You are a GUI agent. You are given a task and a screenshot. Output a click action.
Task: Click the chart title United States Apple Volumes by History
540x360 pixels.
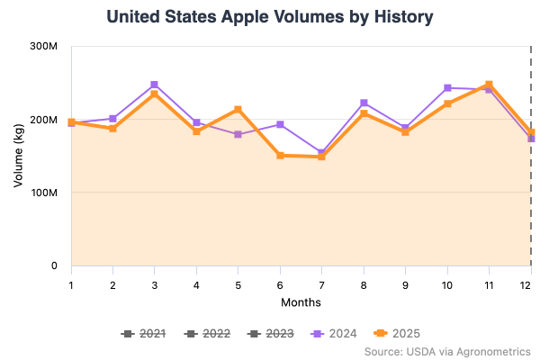pyautogui.click(x=270, y=17)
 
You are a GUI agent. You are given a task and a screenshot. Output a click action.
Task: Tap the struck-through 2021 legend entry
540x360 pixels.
pyautogui.click(x=143, y=334)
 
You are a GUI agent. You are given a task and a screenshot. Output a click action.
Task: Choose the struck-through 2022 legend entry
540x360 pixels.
pyautogui.click(x=206, y=334)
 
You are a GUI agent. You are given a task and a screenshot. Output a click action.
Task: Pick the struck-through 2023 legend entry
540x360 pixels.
pyautogui.click(x=270, y=334)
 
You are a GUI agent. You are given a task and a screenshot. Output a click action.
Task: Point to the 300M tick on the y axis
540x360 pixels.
pyautogui.click(x=44, y=46)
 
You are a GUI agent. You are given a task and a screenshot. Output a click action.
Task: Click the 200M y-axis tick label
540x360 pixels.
pyautogui.click(x=44, y=120)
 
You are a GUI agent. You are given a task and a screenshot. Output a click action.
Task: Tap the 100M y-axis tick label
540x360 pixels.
pyautogui.click(x=44, y=193)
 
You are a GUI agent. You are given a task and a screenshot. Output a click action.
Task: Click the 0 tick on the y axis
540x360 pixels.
pyautogui.click(x=53, y=266)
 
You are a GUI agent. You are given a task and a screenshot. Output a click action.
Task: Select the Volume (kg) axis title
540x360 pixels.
pyautogui.click(x=19, y=156)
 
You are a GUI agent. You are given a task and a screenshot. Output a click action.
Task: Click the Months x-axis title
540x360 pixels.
pyautogui.click(x=301, y=302)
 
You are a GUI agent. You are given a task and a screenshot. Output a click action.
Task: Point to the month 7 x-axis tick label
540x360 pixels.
pyautogui.click(x=321, y=283)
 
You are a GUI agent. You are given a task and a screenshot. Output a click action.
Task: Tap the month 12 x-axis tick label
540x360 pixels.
pyautogui.click(x=530, y=283)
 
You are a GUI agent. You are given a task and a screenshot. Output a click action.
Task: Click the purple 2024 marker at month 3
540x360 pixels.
pyautogui.click(x=154, y=85)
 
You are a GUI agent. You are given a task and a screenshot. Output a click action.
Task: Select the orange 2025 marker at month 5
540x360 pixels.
pyautogui.click(x=238, y=110)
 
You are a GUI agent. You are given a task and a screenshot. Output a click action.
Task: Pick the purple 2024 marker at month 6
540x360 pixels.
pyautogui.click(x=280, y=124)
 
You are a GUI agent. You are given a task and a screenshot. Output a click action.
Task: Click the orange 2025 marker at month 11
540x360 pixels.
pyautogui.click(x=489, y=85)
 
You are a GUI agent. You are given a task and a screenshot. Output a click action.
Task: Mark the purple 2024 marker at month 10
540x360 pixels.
pyautogui.click(x=447, y=88)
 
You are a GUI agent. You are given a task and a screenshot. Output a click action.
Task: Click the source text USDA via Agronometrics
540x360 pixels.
pyautogui.click(x=447, y=351)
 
